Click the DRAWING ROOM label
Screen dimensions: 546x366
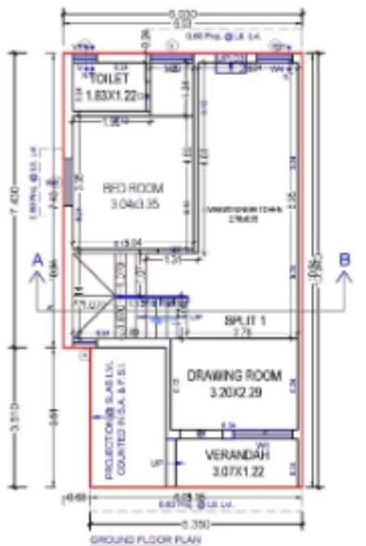tap(234, 376)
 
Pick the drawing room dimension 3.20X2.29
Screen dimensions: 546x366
tap(234, 392)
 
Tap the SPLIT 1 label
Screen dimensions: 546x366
tap(245, 321)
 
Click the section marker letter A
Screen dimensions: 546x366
tap(36, 260)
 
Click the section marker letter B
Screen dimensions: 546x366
tap(344, 260)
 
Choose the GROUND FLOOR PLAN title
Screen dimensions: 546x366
tap(145, 539)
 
